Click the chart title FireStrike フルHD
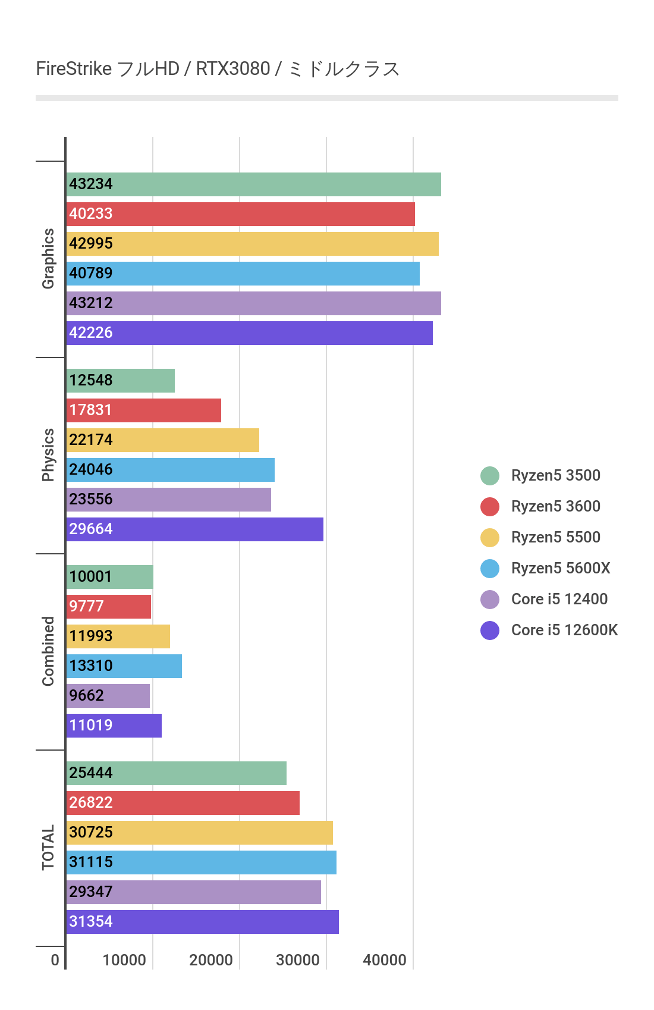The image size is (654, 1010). (x=218, y=69)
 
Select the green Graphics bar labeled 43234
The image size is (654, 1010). (x=254, y=184)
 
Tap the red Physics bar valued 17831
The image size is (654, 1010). (x=144, y=410)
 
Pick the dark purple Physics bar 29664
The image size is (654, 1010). (x=195, y=529)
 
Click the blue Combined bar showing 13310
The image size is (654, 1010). (x=124, y=666)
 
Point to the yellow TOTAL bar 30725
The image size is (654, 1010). (x=200, y=833)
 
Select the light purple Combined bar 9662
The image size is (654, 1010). (x=108, y=696)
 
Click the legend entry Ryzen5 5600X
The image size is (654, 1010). (x=560, y=568)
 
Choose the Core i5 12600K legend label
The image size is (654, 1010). (x=564, y=630)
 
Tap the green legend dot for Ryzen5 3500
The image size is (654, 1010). (x=490, y=476)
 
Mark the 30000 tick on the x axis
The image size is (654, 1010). (x=297, y=960)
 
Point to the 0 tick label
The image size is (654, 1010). (x=55, y=960)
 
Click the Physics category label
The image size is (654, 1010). (x=48, y=455)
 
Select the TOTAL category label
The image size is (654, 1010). (x=48, y=847)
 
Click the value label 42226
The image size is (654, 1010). (x=91, y=333)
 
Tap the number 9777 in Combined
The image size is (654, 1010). (x=86, y=606)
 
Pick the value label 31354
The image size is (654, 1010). (x=91, y=921)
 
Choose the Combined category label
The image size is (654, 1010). (x=48, y=651)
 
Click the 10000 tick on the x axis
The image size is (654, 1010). (x=124, y=960)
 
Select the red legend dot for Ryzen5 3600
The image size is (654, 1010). (x=490, y=507)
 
